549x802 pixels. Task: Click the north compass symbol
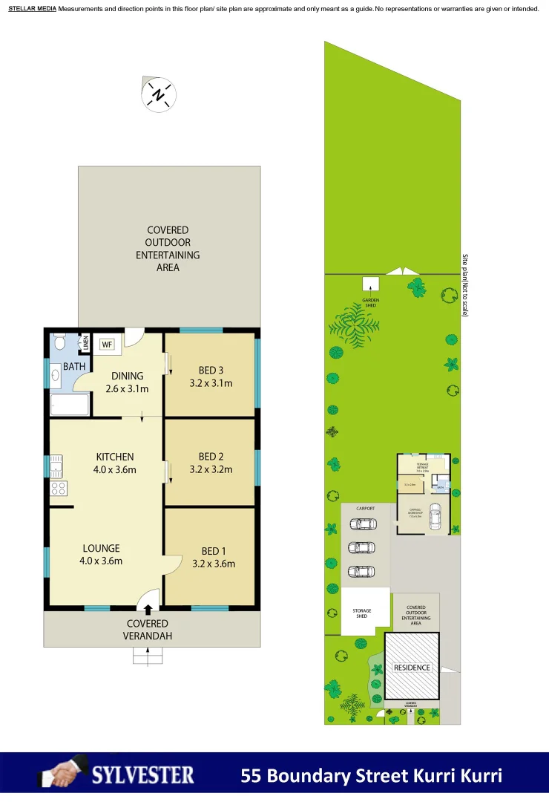(x=158, y=94)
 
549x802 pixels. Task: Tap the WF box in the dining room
(x=107, y=345)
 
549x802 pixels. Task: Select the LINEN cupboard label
(x=85, y=343)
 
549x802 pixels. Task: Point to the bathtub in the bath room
(x=69, y=405)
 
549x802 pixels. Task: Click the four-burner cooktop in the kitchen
(x=58, y=488)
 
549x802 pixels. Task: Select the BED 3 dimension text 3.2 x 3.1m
(x=211, y=383)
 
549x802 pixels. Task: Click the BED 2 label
(x=211, y=457)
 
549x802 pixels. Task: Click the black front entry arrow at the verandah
(x=148, y=610)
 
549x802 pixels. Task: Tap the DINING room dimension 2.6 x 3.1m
(x=127, y=388)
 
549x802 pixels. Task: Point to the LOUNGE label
(x=101, y=549)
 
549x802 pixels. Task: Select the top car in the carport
(x=364, y=524)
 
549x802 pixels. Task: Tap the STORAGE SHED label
(x=361, y=613)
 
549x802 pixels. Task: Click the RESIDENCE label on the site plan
(x=412, y=668)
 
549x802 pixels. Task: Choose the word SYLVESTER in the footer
(x=143, y=776)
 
